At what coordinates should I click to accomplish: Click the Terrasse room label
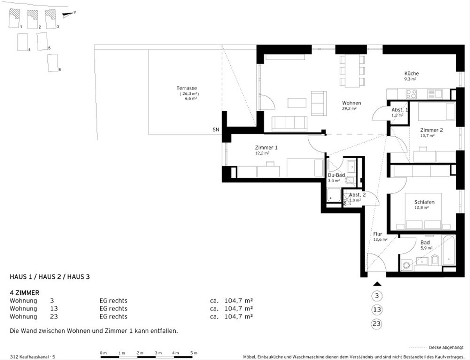(x=187, y=88)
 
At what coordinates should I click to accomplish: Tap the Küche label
(x=411, y=74)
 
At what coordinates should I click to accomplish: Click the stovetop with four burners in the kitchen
(x=411, y=94)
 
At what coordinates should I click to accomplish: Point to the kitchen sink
(x=435, y=94)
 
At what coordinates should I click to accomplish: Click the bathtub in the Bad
(x=449, y=251)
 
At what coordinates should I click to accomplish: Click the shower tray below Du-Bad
(x=334, y=195)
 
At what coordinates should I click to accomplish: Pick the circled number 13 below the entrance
(x=377, y=310)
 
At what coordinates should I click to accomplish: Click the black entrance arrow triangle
(x=377, y=284)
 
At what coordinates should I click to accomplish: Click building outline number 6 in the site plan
(x=53, y=63)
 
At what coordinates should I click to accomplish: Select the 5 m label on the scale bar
(x=194, y=353)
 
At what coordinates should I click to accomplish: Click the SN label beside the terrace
(x=216, y=130)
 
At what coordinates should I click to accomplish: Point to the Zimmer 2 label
(x=431, y=130)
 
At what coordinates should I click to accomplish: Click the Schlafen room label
(x=424, y=202)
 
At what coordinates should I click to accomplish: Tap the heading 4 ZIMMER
(x=24, y=293)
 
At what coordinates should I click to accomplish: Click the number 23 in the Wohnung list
(x=54, y=317)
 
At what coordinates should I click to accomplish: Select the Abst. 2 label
(x=357, y=195)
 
